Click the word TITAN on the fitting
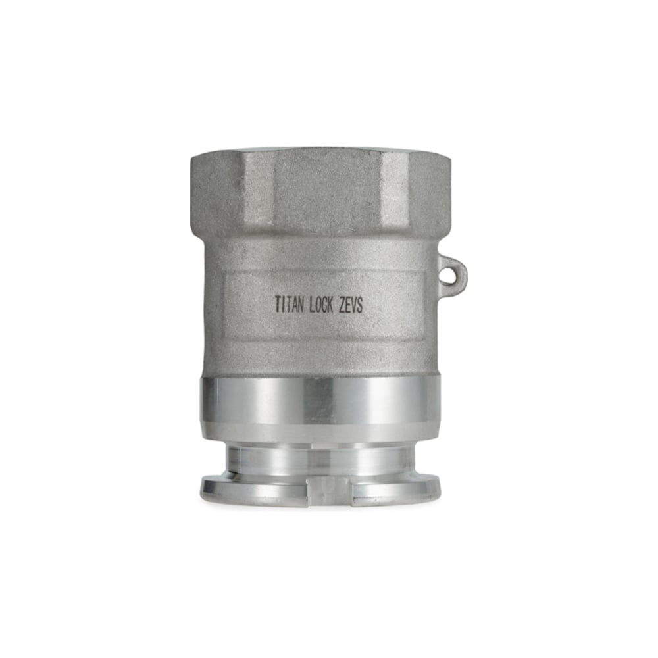(289, 304)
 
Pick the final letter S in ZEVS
(360, 305)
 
